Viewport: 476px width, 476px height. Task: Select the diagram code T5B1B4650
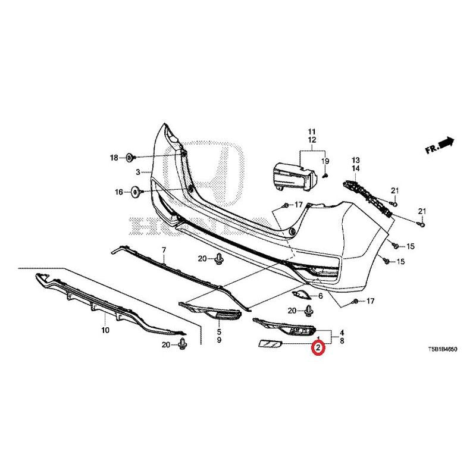pyautogui.click(x=442, y=349)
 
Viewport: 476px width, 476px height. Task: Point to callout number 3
pyautogui.click(x=138, y=173)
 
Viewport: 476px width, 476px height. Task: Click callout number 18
pyautogui.click(x=114, y=158)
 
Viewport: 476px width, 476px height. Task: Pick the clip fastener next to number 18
pyautogui.click(x=131, y=158)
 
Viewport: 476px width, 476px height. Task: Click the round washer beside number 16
pyautogui.click(x=136, y=192)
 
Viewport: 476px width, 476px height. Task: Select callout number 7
pyautogui.click(x=164, y=250)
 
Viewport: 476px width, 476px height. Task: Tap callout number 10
pyautogui.click(x=105, y=330)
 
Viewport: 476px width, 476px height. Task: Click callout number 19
pyautogui.click(x=325, y=161)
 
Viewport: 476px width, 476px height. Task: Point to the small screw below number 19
pyautogui.click(x=325, y=175)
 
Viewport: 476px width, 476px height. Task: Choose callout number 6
pyautogui.click(x=321, y=296)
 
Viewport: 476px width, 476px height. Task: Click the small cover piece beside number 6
pyautogui.click(x=300, y=294)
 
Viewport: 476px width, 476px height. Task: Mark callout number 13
pyautogui.click(x=355, y=160)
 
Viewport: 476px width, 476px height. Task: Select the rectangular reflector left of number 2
pyautogui.click(x=270, y=344)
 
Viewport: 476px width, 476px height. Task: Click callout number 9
pyautogui.click(x=219, y=340)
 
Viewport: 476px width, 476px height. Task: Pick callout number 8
pyautogui.click(x=342, y=340)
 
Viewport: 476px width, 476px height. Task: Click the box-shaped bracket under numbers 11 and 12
pyautogui.click(x=295, y=177)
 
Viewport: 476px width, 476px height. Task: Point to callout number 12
pyautogui.click(x=312, y=140)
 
